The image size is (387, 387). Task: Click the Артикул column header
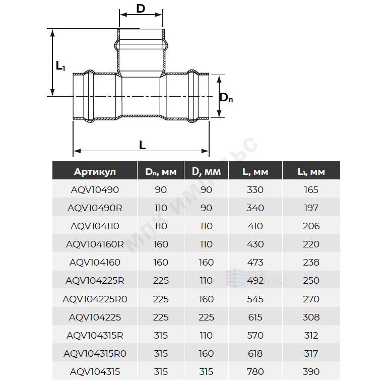click(95, 171)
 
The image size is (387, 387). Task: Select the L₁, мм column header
click(311, 172)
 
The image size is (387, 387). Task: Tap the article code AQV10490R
click(95, 208)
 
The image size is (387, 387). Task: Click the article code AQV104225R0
click(95, 299)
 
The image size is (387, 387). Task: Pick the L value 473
click(255, 263)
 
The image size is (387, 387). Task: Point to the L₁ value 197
click(311, 208)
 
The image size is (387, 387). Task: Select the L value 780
click(255, 372)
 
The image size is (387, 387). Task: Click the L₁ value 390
click(311, 372)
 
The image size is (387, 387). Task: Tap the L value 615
click(255, 317)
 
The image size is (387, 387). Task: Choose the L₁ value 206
click(311, 226)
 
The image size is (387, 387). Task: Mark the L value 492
click(255, 281)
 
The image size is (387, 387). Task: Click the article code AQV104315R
click(95, 336)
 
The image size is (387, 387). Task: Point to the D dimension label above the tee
click(141, 9)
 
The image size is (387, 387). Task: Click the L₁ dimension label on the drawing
click(60, 66)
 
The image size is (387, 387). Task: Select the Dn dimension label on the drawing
click(226, 97)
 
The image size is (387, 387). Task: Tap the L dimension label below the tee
click(143, 145)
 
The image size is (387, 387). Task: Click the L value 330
click(255, 190)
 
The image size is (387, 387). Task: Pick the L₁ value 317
click(311, 354)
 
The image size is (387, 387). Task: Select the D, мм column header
click(206, 171)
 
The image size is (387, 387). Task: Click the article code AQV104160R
click(95, 244)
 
